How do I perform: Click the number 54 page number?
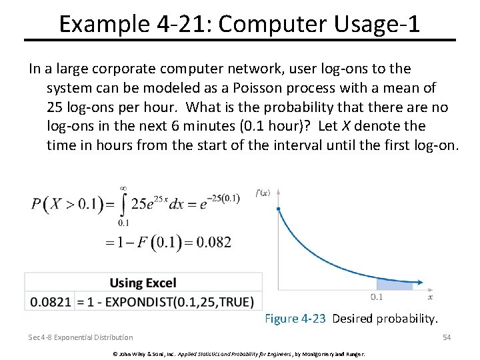pyautogui.click(x=447, y=337)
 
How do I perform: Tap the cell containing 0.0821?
pyautogui.click(x=50, y=302)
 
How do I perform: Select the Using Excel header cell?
pyautogui.click(x=143, y=283)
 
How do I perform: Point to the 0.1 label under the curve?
pyautogui.click(x=377, y=297)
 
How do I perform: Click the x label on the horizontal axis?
pyautogui.click(x=430, y=297)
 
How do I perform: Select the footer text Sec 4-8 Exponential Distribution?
pyautogui.click(x=81, y=337)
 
